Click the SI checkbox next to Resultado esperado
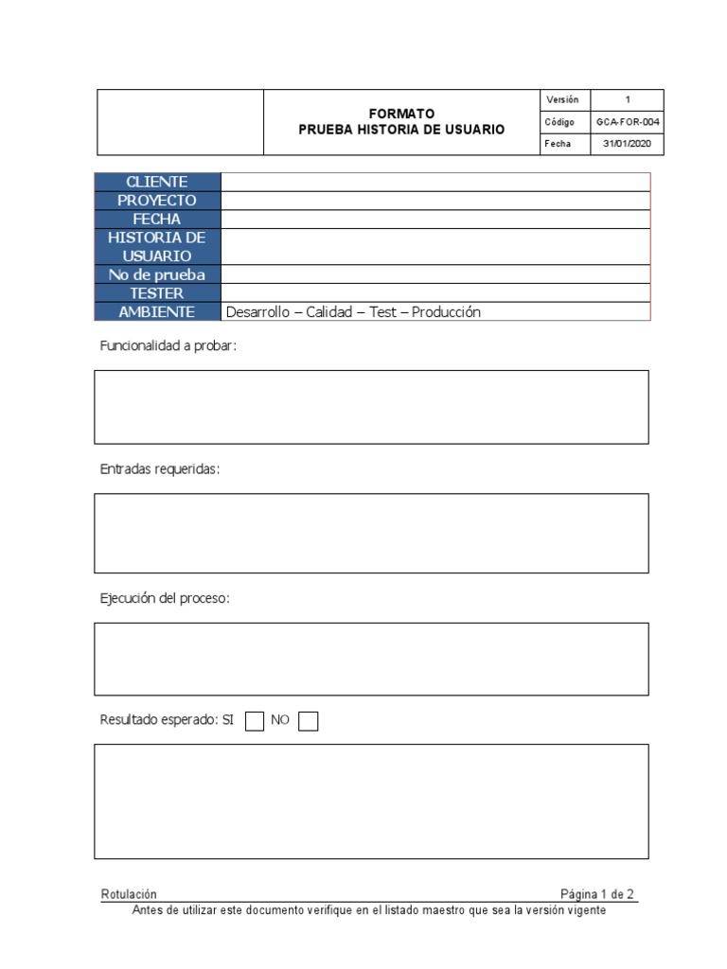tap(255, 721)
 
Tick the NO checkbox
tap(308, 721)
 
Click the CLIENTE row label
tap(157, 182)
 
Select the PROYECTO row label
tap(157, 201)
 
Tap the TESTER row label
tap(157, 293)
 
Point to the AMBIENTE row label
tap(157, 312)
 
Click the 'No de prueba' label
tap(157, 274)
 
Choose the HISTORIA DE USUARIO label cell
tap(157, 247)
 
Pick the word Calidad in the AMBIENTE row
tap(328, 312)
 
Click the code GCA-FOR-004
tap(628, 122)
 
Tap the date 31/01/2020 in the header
tap(628, 144)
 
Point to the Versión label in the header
tap(562, 100)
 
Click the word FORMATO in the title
tap(401, 114)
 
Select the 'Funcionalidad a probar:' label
tap(168, 346)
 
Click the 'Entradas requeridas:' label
tap(160, 469)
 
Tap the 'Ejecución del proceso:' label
tap(165, 599)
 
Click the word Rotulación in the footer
tap(129, 894)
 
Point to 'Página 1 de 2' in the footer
tap(597, 894)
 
